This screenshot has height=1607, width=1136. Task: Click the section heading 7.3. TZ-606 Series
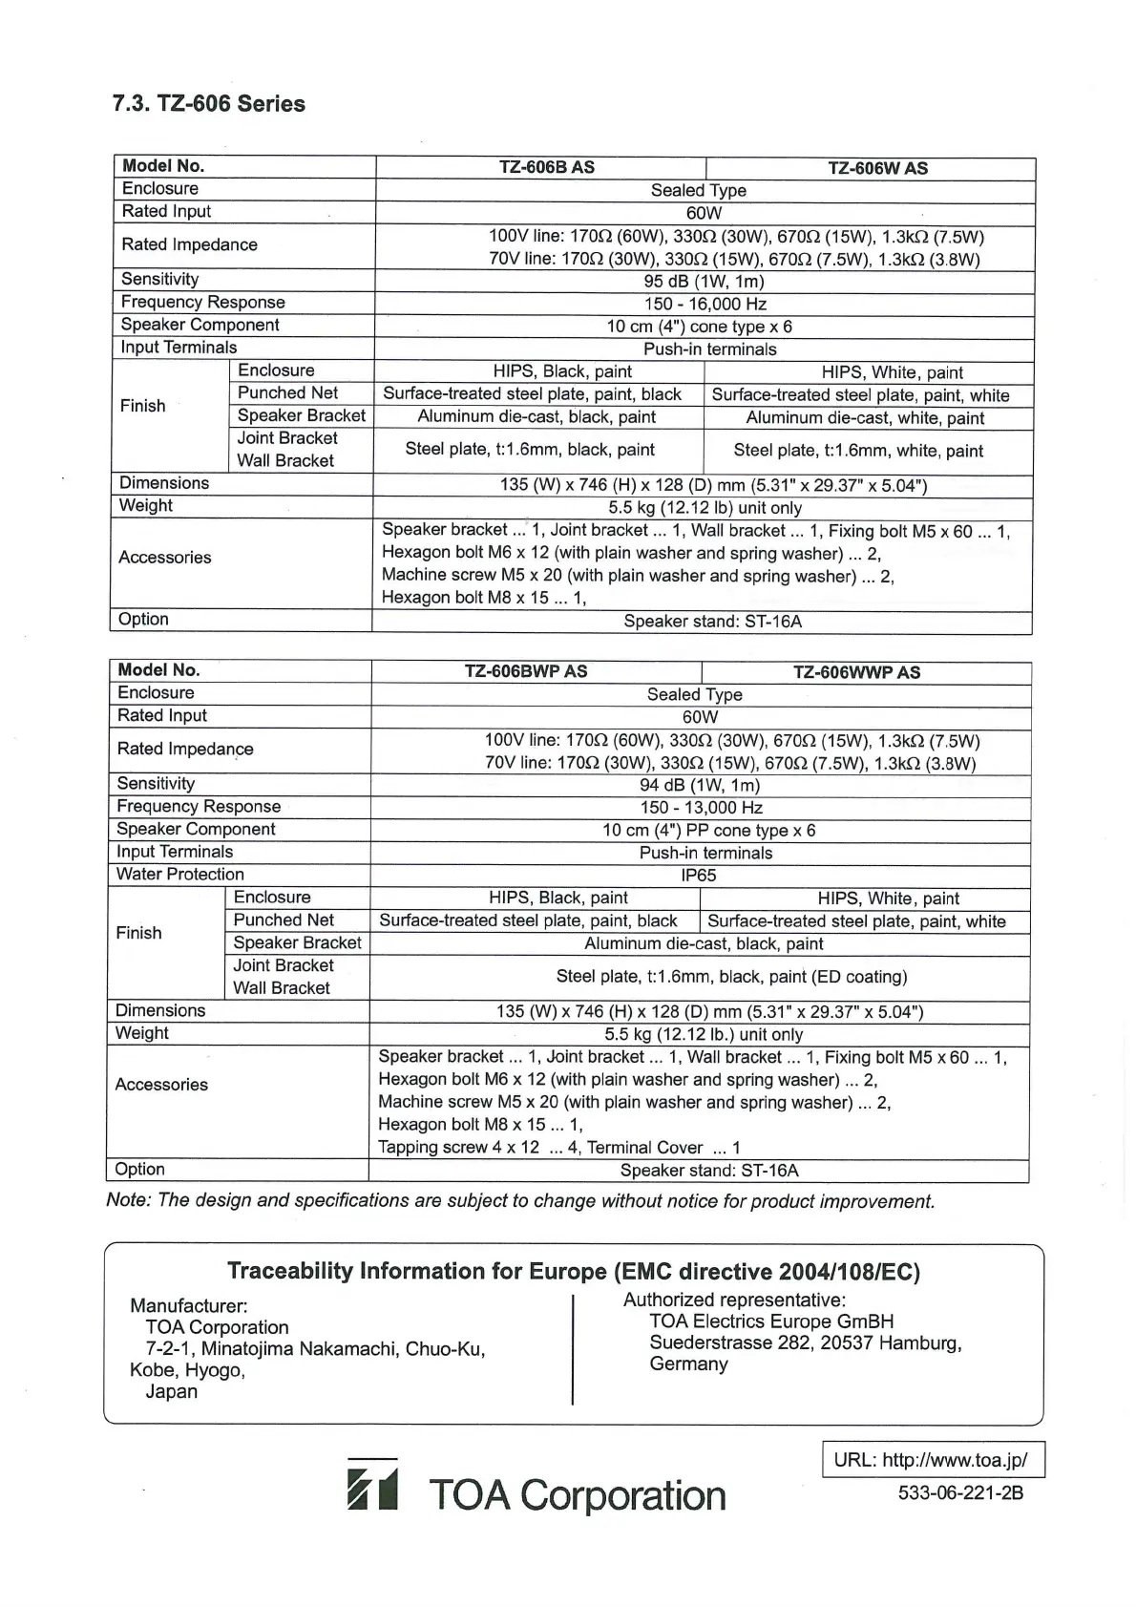click(209, 104)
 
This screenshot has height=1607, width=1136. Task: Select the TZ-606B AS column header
click(546, 168)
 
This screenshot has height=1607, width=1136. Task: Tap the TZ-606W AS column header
click(877, 169)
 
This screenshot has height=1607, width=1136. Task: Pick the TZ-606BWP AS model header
click(525, 671)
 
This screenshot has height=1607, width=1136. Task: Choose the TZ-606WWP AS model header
click(856, 672)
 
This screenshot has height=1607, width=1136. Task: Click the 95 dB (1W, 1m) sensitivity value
click(704, 282)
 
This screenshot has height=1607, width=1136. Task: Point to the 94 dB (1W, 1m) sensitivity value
click(700, 786)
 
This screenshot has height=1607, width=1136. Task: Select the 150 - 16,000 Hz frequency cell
click(705, 305)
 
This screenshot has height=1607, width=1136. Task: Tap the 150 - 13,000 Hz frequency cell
click(701, 808)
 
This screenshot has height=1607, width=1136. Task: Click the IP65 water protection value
click(699, 876)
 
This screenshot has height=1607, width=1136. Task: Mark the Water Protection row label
click(180, 875)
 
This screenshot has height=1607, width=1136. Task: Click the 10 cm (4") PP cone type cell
click(708, 831)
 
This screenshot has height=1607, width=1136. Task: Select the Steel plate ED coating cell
click(731, 977)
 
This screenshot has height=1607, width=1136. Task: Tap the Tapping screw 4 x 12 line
click(458, 1148)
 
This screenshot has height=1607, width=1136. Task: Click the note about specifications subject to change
click(520, 1201)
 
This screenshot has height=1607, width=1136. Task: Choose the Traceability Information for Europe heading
click(573, 1272)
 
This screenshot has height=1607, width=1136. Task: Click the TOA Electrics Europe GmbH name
click(771, 1322)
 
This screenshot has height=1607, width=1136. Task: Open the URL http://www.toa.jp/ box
click(933, 1460)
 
